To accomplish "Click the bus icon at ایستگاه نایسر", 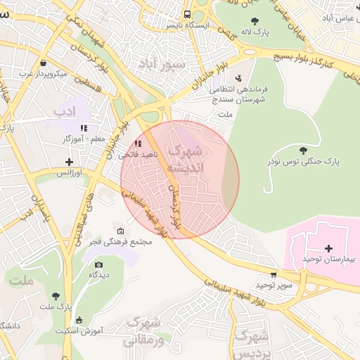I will [187, 13].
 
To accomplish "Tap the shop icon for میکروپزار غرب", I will [44, 63].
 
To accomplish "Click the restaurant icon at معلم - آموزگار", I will [84, 128].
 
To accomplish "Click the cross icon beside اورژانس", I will [68, 161].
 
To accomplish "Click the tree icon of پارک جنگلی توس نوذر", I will [303, 150].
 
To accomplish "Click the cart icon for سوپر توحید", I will [273, 275].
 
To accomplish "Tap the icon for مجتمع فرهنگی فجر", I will [120, 231].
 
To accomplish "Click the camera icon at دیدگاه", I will [98, 264].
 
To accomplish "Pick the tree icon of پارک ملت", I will [56, 295].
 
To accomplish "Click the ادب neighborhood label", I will [64, 111].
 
